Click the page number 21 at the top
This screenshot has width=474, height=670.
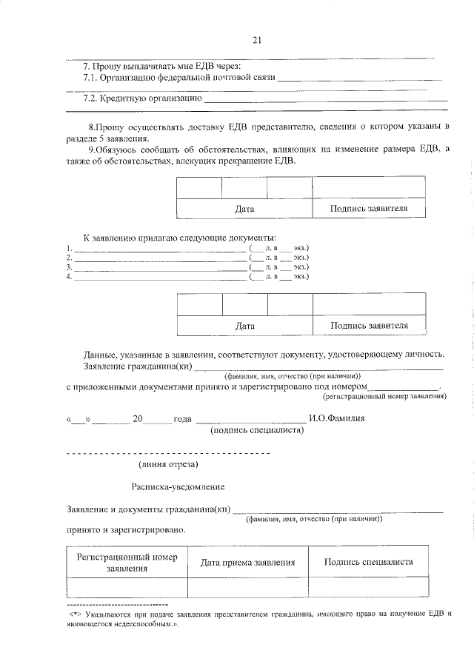click(256, 40)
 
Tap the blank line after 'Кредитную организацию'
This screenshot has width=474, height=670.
click(326, 100)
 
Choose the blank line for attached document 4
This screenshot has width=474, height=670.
click(159, 279)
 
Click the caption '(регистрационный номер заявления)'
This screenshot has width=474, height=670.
click(390, 396)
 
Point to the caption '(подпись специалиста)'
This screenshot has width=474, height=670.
click(257, 429)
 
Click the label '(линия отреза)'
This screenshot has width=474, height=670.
click(168, 464)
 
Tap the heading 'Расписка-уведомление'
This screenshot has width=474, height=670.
click(178, 486)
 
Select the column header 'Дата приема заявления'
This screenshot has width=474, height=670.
click(248, 563)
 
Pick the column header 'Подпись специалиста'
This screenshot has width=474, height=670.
click(368, 562)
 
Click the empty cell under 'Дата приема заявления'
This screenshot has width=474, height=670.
click(248, 587)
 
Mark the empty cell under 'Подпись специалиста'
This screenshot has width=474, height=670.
click(368, 587)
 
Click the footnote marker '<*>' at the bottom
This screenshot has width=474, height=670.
click(75, 614)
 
